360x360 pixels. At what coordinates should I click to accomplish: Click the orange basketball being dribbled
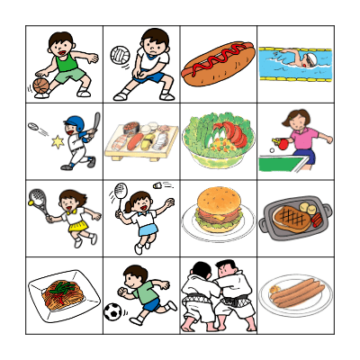40,85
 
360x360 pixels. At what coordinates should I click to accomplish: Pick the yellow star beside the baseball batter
58,141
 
